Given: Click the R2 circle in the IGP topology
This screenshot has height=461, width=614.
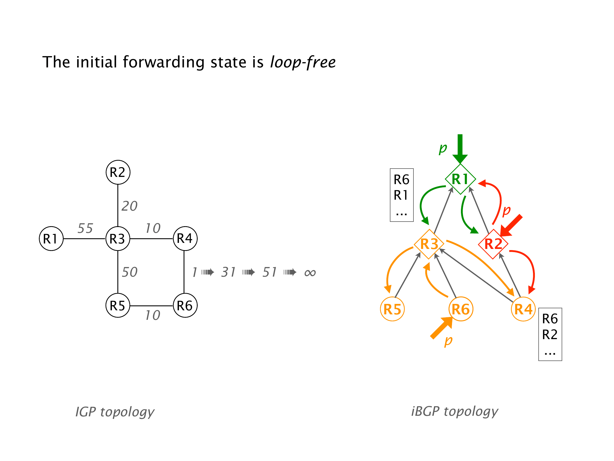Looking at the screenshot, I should click(118, 172).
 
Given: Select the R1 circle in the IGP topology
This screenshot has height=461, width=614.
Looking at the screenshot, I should click(51, 239).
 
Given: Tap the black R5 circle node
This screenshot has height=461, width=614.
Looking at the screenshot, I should click(118, 305).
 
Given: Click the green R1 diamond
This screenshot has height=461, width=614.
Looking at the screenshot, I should click(460, 179).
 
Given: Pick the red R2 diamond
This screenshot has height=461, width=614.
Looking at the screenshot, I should click(493, 244).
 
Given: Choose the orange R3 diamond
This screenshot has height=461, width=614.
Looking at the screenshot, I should click(429, 244).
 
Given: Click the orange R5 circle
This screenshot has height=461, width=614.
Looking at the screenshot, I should click(392, 309).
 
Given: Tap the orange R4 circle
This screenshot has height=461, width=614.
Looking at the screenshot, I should click(523, 309).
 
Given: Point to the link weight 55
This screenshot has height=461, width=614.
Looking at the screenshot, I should click(85, 228).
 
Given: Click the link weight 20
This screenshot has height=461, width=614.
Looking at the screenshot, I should click(129, 206).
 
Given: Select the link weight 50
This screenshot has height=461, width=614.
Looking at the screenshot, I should click(129, 272).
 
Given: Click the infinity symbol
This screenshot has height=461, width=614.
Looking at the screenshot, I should click(310, 273).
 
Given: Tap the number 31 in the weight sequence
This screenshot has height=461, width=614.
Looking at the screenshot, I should click(228, 272).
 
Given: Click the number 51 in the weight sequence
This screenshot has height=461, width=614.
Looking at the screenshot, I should click(270, 272).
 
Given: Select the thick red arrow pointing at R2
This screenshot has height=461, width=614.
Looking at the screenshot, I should click(511, 225).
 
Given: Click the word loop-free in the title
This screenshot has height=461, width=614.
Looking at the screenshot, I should click(303, 62).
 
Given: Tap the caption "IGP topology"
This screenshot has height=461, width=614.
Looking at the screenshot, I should click(115, 412).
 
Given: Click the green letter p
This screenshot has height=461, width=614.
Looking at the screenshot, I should click(443, 148).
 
